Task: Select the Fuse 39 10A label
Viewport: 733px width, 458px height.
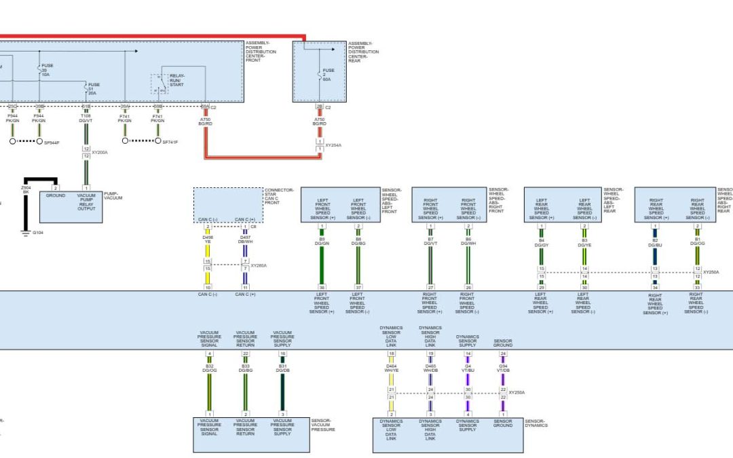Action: click(x=47, y=70)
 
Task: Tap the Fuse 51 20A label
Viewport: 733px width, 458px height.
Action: click(x=94, y=89)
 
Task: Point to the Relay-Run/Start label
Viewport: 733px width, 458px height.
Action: click(x=176, y=80)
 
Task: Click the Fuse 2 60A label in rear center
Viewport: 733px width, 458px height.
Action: click(x=328, y=74)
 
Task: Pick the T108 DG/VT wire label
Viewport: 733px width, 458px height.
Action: click(x=86, y=118)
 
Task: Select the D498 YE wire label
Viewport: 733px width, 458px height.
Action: click(x=208, y=240)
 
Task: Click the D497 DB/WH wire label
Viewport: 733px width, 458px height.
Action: click(x=245, y=240)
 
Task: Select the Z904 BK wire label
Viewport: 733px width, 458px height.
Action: click(x=26, y=189)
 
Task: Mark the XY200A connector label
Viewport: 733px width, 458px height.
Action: click(x=100, y=153)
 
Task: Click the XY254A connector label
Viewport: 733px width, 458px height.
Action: click(x=333, y=145)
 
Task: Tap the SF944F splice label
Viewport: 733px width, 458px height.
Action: click(x=52, y=142)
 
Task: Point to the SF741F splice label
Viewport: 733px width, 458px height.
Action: click(x=170, y=142)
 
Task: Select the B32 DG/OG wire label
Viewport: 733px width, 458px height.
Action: click(x=209, y=368)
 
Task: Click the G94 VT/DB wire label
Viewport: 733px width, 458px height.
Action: click(x=503, y=368)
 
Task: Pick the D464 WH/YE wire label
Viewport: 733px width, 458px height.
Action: click(x=392, y=368)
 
